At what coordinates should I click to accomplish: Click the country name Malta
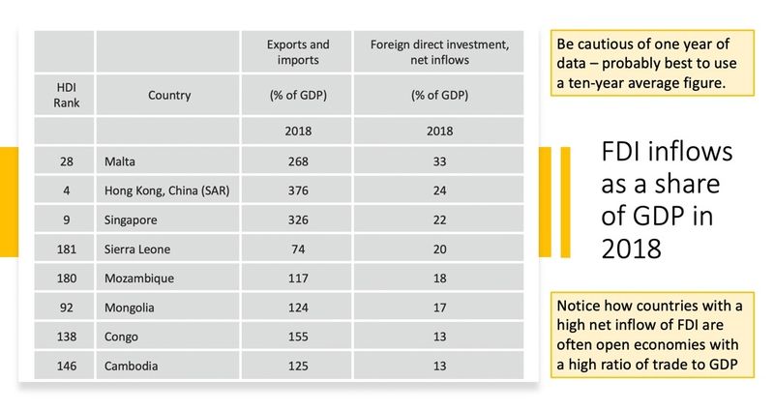coord(119,161)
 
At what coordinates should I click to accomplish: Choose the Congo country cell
coord(121,337)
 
